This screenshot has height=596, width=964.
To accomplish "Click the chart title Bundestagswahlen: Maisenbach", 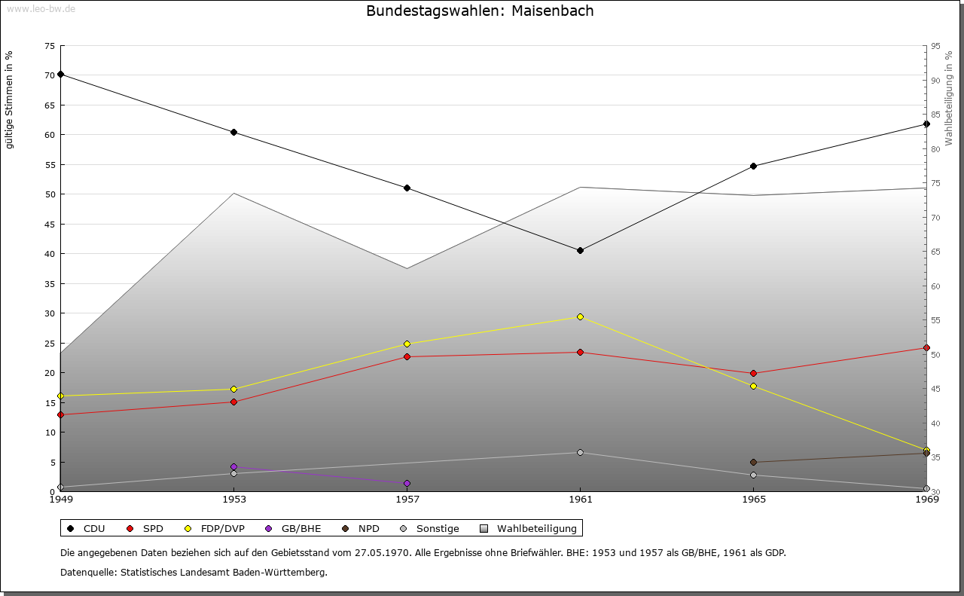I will pyautogui.click(x=480, y=11).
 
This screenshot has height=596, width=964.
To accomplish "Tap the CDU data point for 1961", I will pyautogui.click(x=580, y=250).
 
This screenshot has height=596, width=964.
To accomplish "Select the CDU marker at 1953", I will pyautogui.click(x=233, y=133).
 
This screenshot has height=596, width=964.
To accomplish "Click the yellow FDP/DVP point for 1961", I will pyautogui.click(x=580, y=317).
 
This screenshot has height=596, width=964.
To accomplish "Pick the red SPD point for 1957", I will pyautogui.click(x=407, y=356).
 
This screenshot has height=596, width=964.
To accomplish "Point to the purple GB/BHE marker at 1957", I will pyautogui.click(x=407, y=483).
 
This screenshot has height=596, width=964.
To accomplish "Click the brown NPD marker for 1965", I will pyautogui.click(x=753, y=462).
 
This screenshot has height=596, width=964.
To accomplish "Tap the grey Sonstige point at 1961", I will pyautogui.click(x=580, y=452).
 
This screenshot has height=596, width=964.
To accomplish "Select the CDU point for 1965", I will pyautogui.click(x=753, y=166).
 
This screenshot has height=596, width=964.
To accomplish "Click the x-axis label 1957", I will pyautogui.click(x=407, y=499).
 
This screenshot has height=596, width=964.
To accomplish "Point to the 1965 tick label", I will pyautogui.click(x=753, y=499).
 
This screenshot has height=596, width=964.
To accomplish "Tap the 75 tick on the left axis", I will pyautogui.click(x=50, y=46).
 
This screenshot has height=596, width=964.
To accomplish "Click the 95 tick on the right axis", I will pyautogui.click(x=935, y=46).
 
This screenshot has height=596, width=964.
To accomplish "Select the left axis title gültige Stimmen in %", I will pyautogui.click(x=9, y=99).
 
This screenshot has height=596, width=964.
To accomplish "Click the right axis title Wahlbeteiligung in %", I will pyautogui.click(x=949, y=98).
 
